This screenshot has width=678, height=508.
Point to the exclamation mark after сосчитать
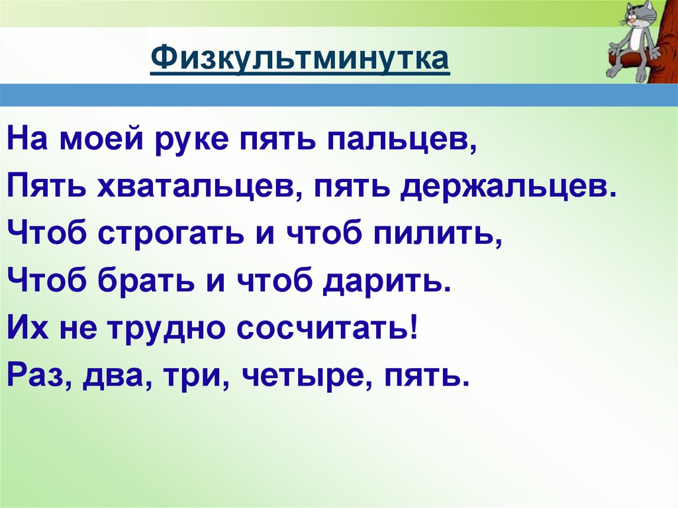pos(414,327)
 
